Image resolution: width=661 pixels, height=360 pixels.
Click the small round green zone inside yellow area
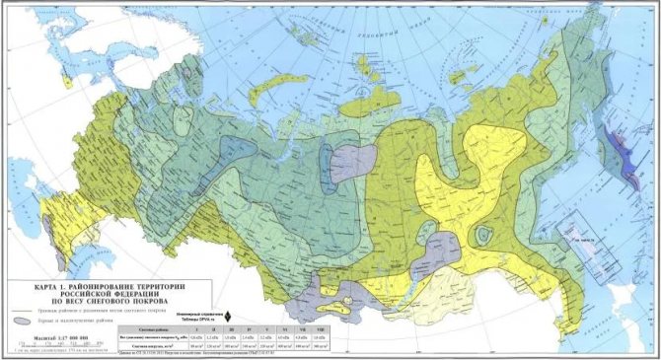click(483, 235)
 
